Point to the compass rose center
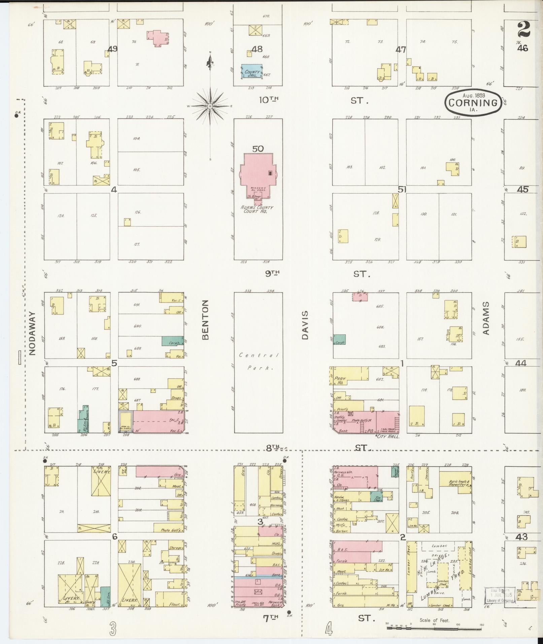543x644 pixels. click(x=210, y=106)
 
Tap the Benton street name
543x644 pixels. click(x=206, y=319)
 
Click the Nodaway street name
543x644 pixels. click(x=32, y=333)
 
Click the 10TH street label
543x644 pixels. click(x=269, y=100)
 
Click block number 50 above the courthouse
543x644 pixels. click(x=258, y=148)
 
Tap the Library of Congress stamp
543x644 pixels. click(x=499, y=595)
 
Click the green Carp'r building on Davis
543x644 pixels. click(x=340, y=340)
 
